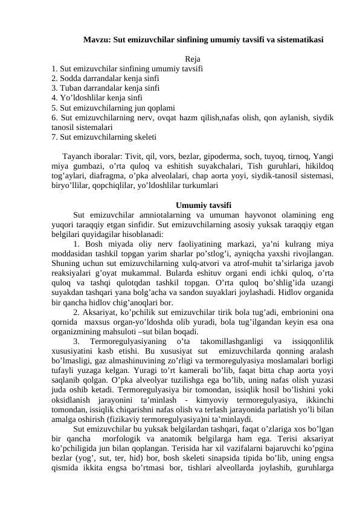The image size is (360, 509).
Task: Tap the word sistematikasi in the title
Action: click(297, 41)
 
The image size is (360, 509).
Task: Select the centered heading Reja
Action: click(193, 59)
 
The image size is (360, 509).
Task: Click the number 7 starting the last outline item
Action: click(54, 137)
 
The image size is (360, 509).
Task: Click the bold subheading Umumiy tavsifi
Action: click(202, 203)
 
